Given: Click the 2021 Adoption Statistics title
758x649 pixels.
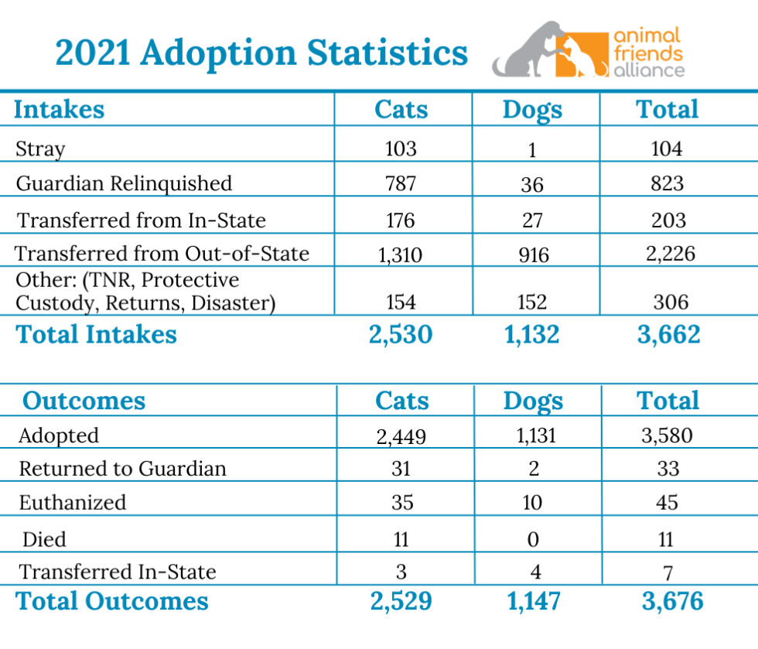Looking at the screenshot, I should tap(261, 53).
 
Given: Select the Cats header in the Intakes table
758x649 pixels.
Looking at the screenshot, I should tap(401, 110).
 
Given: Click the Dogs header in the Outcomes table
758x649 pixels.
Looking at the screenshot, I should tap(533, 401).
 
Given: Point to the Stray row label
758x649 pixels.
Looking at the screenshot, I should tap(40, 149).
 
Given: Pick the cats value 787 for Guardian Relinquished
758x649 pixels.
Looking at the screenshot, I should tap(400, 183).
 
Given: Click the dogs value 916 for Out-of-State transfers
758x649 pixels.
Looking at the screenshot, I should tap(531, 254).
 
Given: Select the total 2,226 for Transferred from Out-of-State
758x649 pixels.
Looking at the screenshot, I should tap(668, 253).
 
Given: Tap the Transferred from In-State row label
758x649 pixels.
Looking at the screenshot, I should tap(142, 220).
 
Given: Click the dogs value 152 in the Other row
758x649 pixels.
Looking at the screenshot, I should tap(531, 302).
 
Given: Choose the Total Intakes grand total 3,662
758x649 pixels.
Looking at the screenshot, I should tap(671, 334).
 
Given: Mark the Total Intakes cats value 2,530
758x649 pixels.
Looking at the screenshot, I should tap(401, 334).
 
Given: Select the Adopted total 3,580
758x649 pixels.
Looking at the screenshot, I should tap(667, 436).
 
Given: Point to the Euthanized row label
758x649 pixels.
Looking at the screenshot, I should tap(72, 503).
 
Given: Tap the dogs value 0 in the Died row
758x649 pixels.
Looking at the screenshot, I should tap(532, 539).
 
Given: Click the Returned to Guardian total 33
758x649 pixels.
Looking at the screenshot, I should tap(668, 469).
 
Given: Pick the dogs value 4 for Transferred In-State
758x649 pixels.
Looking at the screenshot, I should tap(532, 572).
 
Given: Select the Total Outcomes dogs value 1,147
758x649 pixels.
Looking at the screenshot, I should tap(532, 602).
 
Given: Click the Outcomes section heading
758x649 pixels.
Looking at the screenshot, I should tap(84, 401).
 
